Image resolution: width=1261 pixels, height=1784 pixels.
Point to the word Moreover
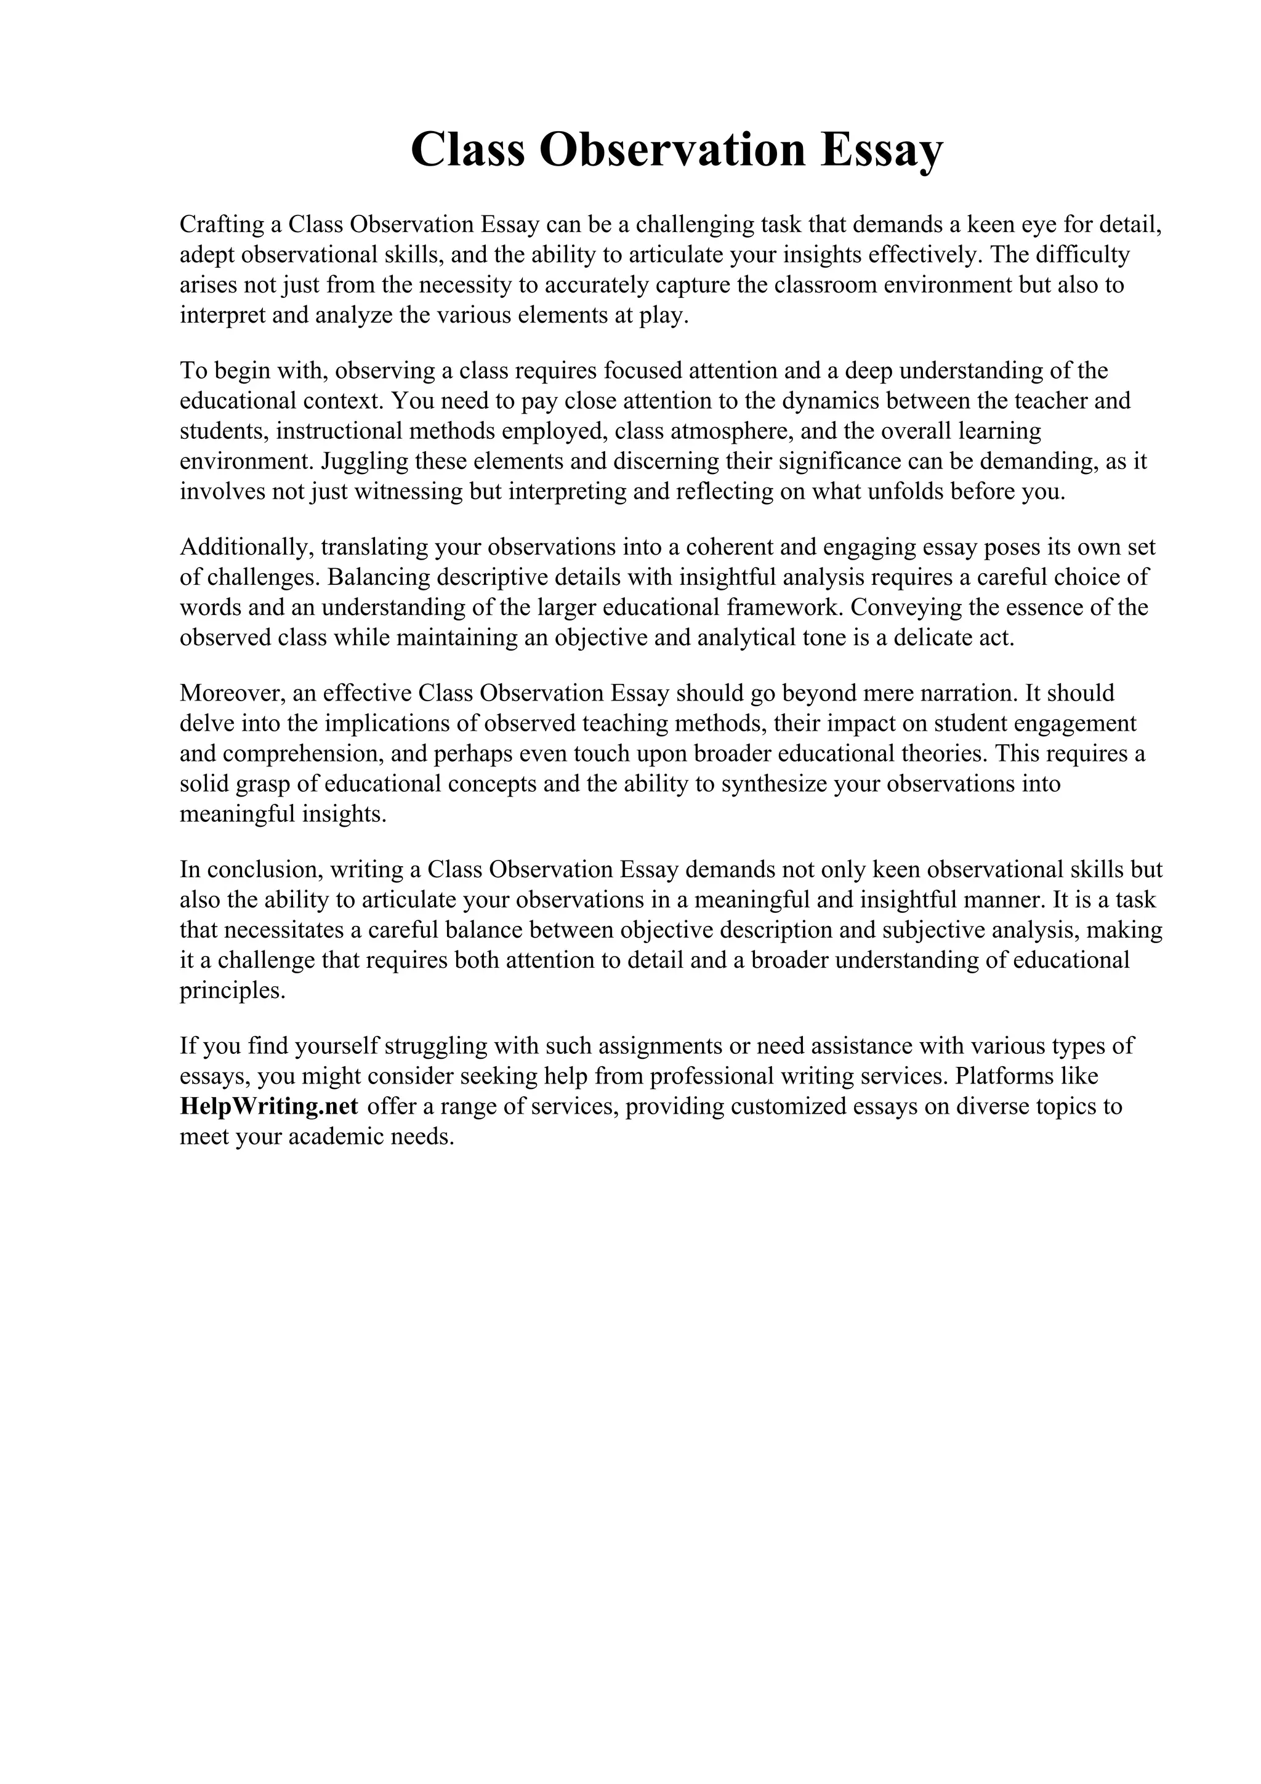pos(232,693)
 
